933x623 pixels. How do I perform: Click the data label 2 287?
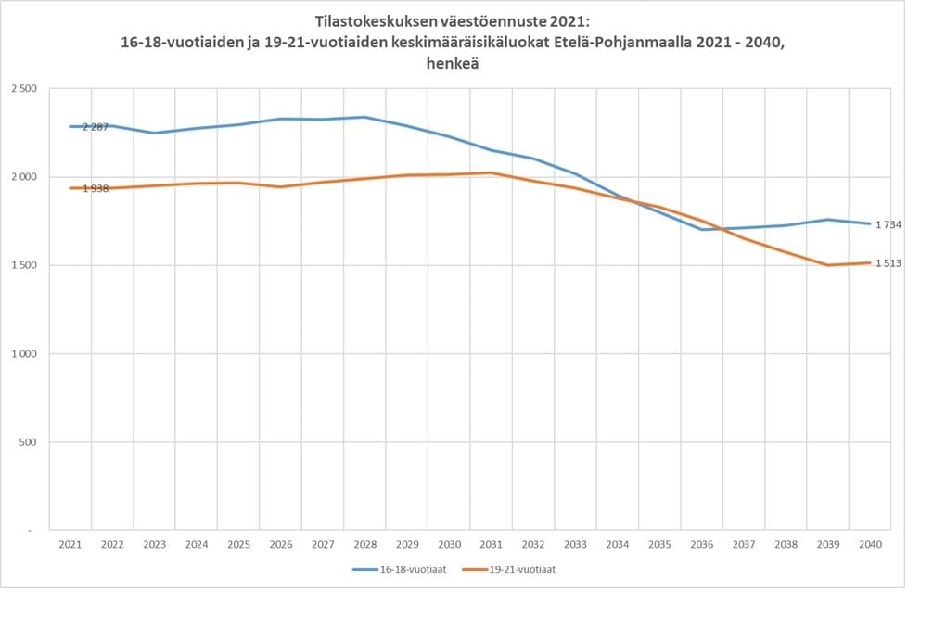pos(96,127)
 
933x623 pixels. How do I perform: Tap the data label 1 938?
pos(96,189)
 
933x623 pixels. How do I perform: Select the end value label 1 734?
pos(888,224)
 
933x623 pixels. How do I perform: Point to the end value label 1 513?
pos(888,263)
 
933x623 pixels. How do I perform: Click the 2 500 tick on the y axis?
pos(23,89)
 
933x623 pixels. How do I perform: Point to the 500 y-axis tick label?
pos(28,442)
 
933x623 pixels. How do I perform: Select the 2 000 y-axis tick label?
pos(23,177)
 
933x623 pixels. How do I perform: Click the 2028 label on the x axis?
pos(364,545)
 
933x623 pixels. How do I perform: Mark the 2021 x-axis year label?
pos(70,545)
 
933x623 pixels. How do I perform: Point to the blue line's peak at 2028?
pos(364,117)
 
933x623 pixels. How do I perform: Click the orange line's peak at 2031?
pos(490,172)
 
